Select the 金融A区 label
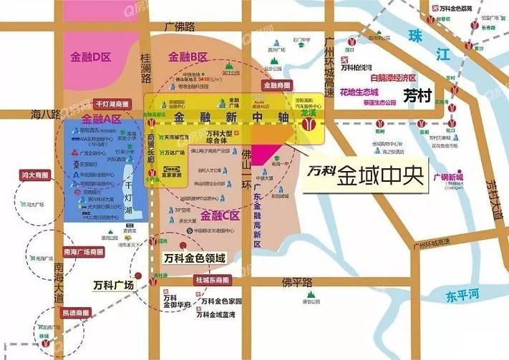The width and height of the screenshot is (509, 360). (98, 120)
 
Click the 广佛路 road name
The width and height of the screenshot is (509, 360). (179, 27)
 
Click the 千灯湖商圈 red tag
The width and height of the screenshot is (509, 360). (112, 104)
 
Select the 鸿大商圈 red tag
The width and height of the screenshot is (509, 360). (35, 174)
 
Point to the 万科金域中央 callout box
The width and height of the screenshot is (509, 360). (366, 175)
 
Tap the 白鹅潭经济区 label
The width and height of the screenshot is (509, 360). (389, 77)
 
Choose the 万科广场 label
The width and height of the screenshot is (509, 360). (113, 286)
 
